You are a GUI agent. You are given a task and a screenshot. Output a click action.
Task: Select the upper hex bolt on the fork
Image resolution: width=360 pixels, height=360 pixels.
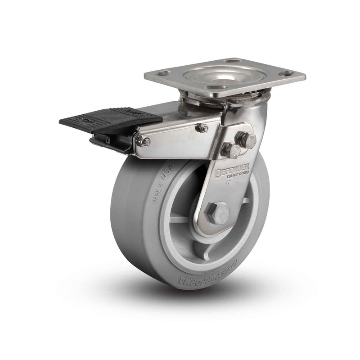tap(247, 139)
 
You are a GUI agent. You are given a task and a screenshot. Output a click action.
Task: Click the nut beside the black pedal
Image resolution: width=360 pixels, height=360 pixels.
tap(145, 142)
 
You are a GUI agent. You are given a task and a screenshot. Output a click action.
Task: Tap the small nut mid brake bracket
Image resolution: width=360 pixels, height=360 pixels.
tap(202, 128)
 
